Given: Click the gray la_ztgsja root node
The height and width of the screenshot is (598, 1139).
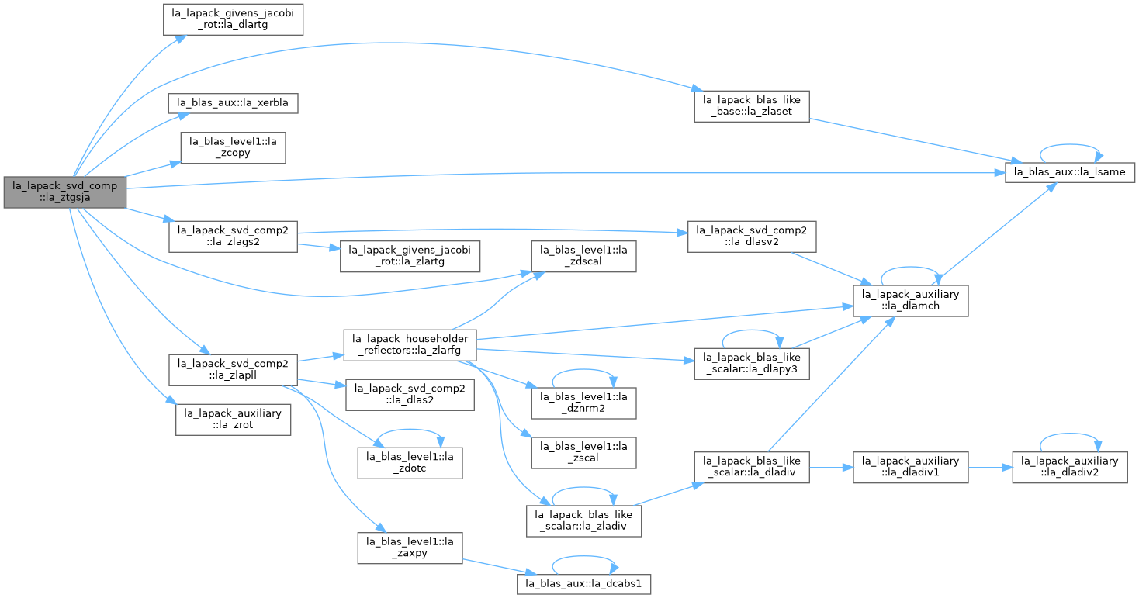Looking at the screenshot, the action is coord(65,192).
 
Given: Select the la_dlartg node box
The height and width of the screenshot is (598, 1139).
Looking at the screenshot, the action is coord(233,19).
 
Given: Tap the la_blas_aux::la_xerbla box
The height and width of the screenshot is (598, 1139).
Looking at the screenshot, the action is coord(233,103).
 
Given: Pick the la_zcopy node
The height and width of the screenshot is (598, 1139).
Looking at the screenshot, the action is coord(233,148).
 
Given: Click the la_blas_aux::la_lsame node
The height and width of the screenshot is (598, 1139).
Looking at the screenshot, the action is coord(1070,172).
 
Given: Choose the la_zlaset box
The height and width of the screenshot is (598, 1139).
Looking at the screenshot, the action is coord(752,106).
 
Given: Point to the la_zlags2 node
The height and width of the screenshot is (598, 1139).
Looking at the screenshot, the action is coord(233,237).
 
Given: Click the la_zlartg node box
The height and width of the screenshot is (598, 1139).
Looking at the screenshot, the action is coord(410,256).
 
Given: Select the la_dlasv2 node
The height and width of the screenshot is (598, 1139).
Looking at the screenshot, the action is coord(752,237).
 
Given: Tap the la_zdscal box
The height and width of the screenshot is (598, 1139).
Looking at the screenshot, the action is coord(583,256).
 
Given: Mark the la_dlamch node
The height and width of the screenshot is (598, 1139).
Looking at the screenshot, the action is coord(910,301).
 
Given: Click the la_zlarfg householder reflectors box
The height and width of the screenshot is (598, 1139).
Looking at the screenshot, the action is coord(410,345).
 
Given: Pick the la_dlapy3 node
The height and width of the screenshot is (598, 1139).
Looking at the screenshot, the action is coord(752,364).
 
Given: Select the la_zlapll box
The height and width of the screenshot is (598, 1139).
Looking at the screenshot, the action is coord(233,370).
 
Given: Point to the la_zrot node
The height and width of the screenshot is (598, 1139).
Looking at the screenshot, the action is coord(233,420).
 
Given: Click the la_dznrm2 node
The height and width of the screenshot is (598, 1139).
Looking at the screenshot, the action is coord(583,403).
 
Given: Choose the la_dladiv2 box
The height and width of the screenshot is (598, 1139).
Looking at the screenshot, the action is coord(1070,468).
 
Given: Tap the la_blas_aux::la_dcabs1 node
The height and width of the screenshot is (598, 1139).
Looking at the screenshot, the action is coord(583,584).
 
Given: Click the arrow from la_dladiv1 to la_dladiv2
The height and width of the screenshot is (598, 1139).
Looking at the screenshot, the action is coord(990,468).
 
